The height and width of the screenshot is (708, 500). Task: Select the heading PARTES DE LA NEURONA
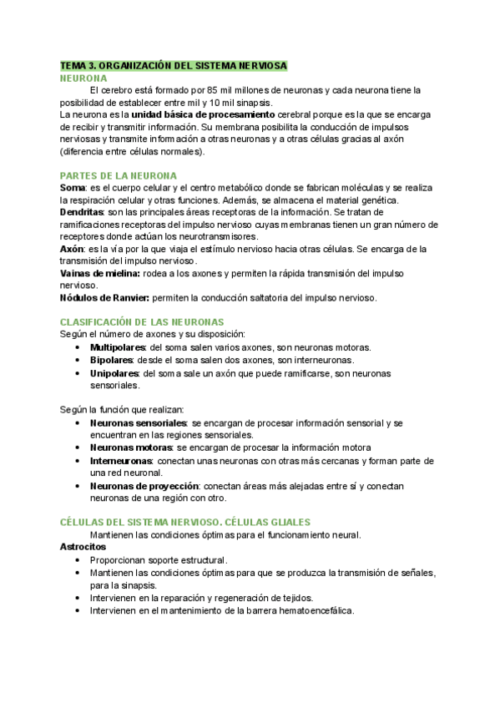[118, 175]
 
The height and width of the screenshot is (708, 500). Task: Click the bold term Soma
[73, 189]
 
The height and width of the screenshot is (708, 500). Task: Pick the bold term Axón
[72, 249]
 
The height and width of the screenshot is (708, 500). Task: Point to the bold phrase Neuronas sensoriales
[138, 422]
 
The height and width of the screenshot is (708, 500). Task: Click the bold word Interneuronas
[119, 460]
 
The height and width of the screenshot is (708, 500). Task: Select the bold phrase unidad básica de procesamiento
[203, 114]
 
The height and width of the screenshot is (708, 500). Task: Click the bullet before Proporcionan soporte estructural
[78, 560]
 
